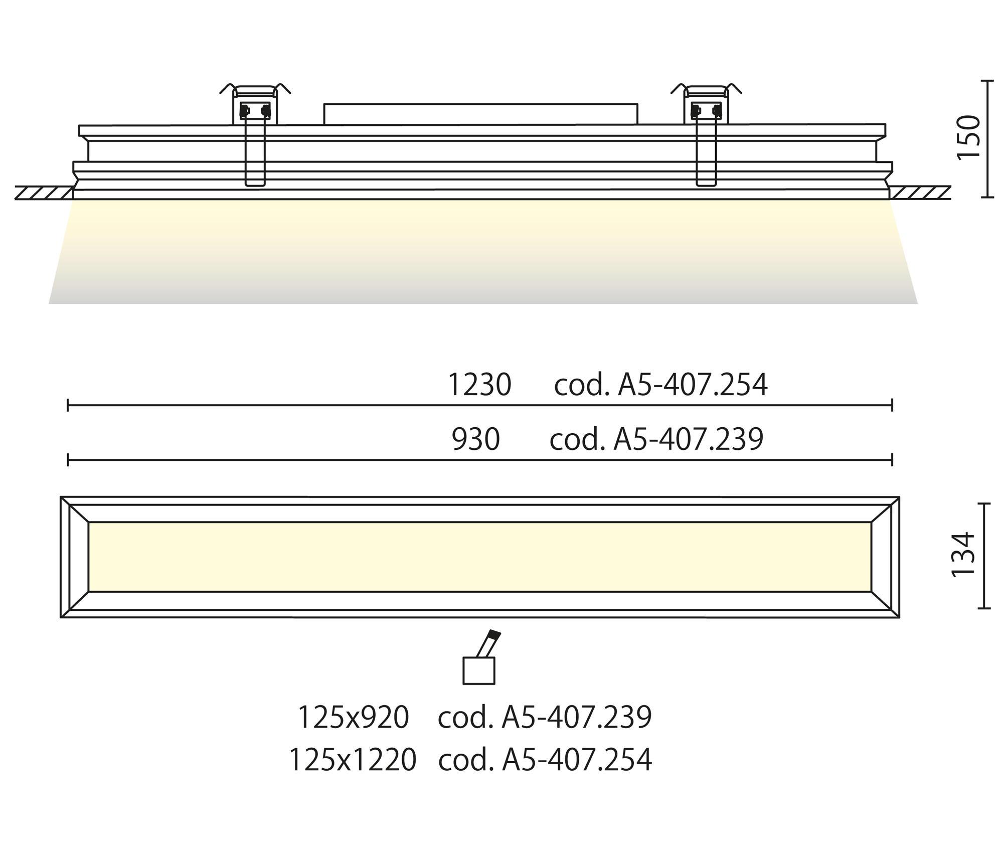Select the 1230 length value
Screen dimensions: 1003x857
[x=479, y=385]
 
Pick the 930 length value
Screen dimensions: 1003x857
[x=476, y=439]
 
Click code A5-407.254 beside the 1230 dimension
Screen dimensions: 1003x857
[x=660, y=385]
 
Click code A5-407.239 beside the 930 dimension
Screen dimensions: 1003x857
[x=656, y=439]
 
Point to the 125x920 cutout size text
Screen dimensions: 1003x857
[x=354, y=717]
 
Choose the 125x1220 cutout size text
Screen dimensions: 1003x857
[x=353, y=760]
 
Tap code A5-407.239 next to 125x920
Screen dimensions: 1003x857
[x=545, y=717]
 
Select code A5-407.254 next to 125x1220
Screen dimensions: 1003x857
[x=545, y=760]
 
